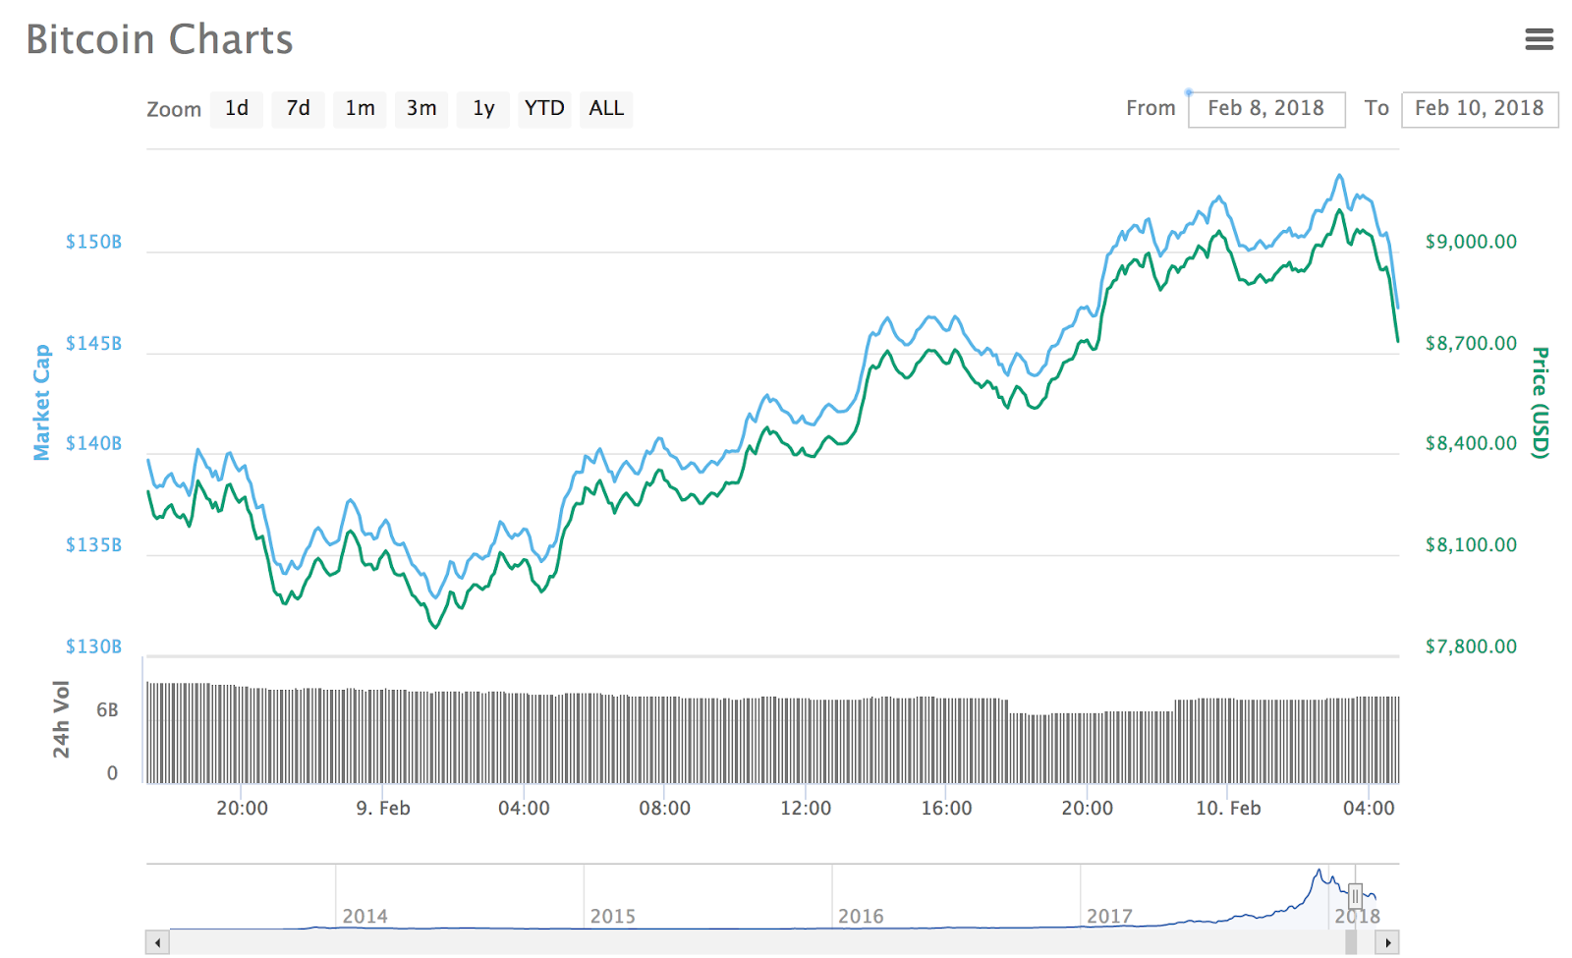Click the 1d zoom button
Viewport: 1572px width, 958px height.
pos(237,109)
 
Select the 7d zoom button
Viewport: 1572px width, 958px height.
pos(299,109)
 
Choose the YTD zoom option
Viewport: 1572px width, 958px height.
pos(544,109)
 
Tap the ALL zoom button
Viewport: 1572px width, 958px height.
pos(606,109)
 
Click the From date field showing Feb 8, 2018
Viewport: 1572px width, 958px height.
pos(1265,109)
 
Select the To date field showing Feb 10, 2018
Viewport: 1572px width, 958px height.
pos(1479,109)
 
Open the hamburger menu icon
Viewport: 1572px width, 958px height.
pos(1539,39)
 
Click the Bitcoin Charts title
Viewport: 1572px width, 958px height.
pos(159,40)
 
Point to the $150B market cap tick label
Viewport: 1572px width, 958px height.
pos(94,242)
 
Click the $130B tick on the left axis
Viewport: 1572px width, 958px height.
pos(94,647)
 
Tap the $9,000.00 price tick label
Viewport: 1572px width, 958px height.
pos(1471,242)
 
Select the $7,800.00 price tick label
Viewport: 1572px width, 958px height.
pos(1471,647)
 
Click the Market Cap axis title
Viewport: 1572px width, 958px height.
pos(41,402)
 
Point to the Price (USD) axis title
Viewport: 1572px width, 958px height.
pos(1540,402)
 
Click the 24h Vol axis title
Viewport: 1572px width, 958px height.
pos(62,719)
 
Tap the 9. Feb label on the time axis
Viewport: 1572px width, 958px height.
pos(383,809)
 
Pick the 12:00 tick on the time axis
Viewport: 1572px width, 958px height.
pos(806,809)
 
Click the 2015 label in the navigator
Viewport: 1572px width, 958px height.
pos(613,917)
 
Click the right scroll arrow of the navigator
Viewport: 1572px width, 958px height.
pos(1387,943)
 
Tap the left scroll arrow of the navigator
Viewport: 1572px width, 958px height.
pos(157,943)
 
